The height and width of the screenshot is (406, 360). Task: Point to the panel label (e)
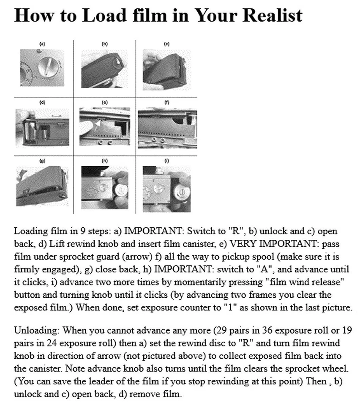105,102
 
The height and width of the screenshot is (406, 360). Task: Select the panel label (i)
166,161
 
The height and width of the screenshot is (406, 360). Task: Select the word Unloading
36,329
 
